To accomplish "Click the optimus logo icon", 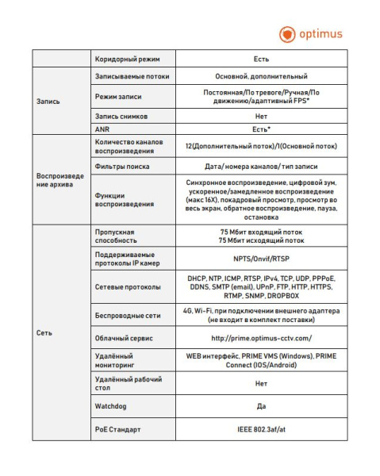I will (287, 34).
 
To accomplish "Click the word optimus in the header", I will (321, 34).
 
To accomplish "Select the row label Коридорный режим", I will (121, 59).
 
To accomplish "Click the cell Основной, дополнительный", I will (261, 76).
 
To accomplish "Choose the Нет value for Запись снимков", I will (261, 116).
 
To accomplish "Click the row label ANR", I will (102, 129).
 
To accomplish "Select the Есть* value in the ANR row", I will (261, 129).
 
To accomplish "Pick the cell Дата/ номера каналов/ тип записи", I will (261, 167).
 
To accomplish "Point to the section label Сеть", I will (44, 332).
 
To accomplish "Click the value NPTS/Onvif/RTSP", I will (261, 258).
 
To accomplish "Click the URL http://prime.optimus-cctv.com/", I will (261, 338).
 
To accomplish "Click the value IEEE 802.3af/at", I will (261, 431).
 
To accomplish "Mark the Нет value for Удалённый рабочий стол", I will (261, 384).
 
